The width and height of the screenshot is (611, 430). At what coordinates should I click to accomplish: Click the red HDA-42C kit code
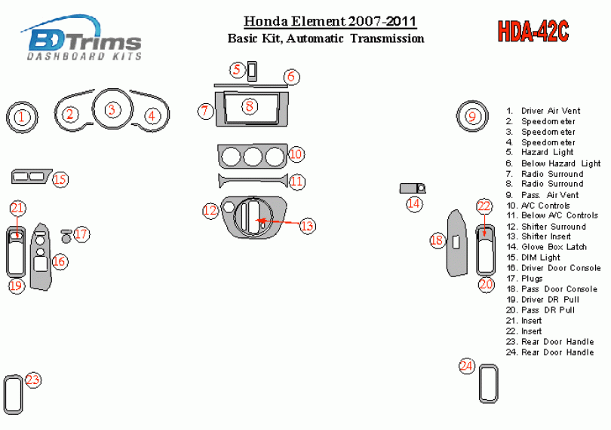click(x=533, y=31)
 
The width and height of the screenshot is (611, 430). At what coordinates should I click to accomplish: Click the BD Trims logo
click(x=81, y=38)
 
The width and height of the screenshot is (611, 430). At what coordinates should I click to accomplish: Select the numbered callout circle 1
click(x=22, y=117)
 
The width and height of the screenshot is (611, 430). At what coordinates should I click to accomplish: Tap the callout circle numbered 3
click(x=112, y=109)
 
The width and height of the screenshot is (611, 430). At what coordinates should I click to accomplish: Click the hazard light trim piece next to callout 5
click(x=252, y=72)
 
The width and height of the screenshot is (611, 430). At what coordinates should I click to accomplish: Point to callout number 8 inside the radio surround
click(x=250, y=106)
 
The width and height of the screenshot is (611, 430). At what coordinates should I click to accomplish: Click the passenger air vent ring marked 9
click(x=472, y=116)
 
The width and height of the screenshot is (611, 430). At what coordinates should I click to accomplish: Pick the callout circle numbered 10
click(x=296, y=154)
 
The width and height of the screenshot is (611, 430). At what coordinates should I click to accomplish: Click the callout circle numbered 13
click(x=307, y=226)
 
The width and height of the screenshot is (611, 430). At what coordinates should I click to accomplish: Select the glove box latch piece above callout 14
click(x=413, y=188)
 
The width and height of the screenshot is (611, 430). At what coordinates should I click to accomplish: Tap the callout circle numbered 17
click(x=81, y=234)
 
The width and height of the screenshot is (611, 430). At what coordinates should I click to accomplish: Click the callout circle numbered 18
click(x=438, y=240)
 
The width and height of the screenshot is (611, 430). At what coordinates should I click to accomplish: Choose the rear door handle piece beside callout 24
click(x=488, y=383)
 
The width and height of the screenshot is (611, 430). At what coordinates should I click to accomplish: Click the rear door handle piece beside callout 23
click(x=14, y=395)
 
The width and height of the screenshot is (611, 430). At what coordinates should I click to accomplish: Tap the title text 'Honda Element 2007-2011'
click(x=330, y=21)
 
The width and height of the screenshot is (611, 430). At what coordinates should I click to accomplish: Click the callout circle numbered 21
click(x=17, y=208)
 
